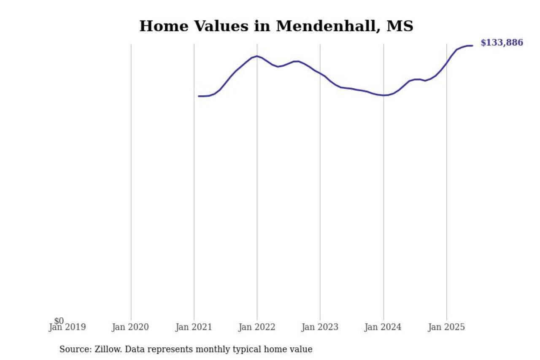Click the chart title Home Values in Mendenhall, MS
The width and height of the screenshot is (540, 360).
[x=276, y=26]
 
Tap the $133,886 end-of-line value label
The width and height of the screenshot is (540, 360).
[x=502, y=43]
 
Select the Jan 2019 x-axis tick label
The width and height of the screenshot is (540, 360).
[x=67, y=327]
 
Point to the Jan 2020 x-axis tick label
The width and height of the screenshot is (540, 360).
[x=130, y=327]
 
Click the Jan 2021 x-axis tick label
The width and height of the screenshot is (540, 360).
[x=194, y=327]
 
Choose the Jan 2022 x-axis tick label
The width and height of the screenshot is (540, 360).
[x=256, y=327]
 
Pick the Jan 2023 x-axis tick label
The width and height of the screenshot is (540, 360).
[x=320, y=327]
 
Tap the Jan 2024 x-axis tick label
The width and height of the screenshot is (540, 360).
[x=383, y=327]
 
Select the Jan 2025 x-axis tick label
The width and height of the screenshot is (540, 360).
[x=446, y=327]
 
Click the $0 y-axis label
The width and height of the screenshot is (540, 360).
[x=59, y=321]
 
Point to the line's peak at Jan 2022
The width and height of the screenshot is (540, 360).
[x=257, y=56]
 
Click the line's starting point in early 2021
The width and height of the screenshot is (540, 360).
[x=199, y=96]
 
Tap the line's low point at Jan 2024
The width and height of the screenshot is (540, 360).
[x=383, y=95]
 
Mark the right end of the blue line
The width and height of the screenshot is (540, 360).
[x=472, y=46]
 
